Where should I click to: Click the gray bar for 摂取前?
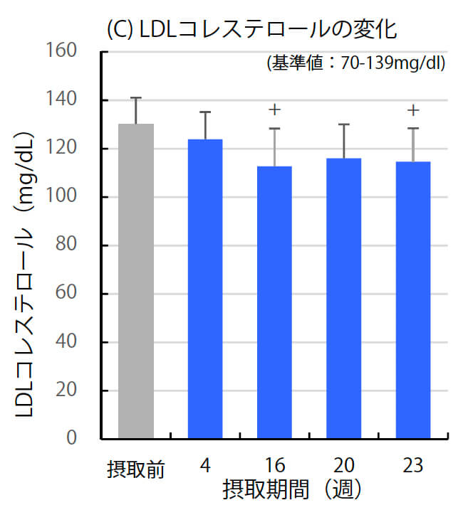(136, 281)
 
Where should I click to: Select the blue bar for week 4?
(205, 288)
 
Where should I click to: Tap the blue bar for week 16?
(274, 302)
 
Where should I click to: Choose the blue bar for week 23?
(413, 299)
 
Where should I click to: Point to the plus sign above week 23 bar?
(413, 110)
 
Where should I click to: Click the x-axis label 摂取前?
(136, 469)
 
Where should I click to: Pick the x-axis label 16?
(274, 467)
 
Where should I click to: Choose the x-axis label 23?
(412, 467)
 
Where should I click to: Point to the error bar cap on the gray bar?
(136, 97)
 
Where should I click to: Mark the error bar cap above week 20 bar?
(343, 124)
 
